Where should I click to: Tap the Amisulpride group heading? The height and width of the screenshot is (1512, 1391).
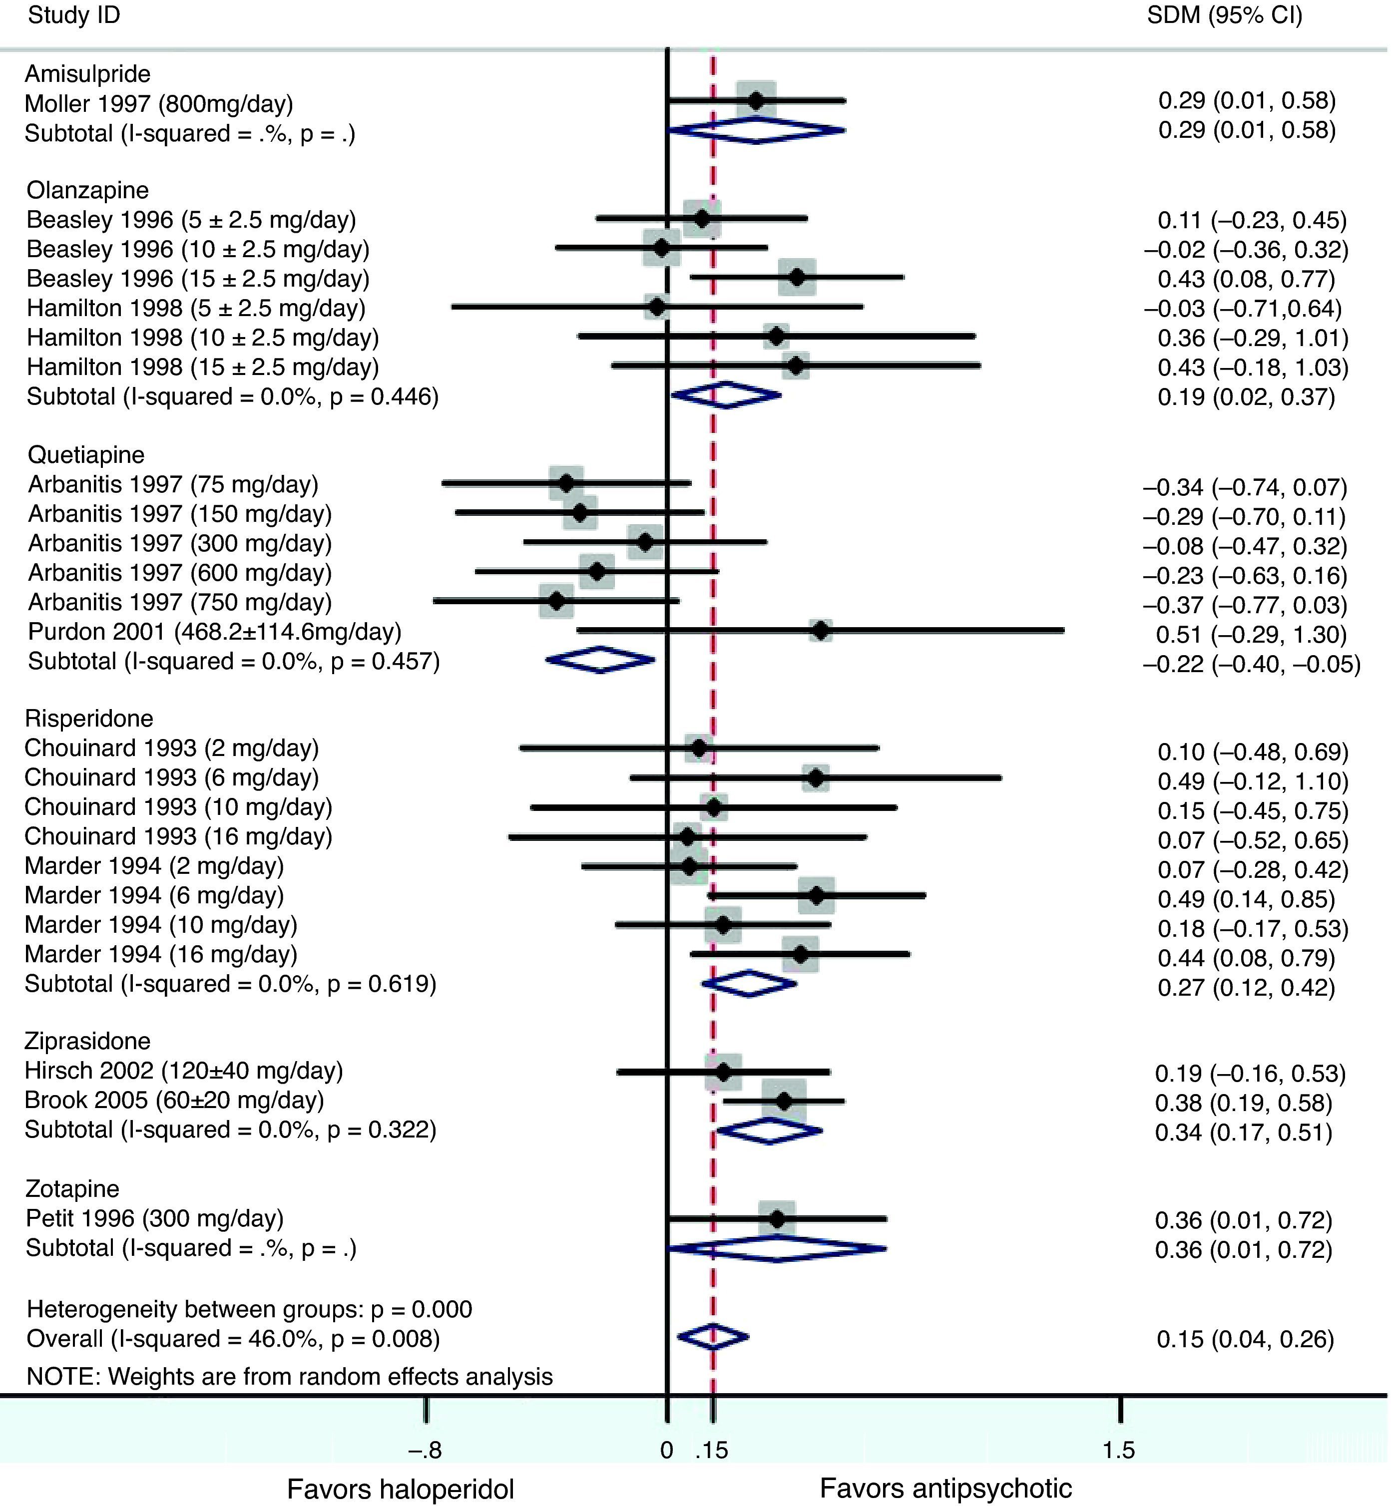pos(87,74)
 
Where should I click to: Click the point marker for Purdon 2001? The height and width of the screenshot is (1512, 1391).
pos(821,631)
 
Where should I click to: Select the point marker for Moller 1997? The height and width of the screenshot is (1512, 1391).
pos(756,99)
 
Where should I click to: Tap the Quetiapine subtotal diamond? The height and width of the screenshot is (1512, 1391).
pos(600,660)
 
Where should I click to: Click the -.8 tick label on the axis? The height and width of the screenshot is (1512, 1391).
pos(425,1449)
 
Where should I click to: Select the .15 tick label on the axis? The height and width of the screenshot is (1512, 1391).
pos(713,1449)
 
